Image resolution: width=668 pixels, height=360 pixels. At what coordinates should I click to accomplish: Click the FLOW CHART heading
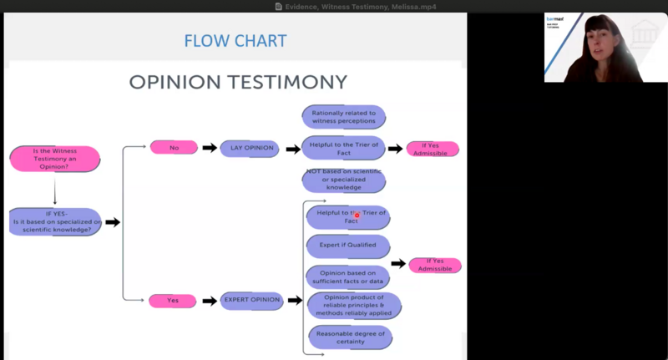point(235,40)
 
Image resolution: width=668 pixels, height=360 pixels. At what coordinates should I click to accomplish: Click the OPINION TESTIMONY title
point(237,82)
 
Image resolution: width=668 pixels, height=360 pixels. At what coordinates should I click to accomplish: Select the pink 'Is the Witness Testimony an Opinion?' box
point(54,158)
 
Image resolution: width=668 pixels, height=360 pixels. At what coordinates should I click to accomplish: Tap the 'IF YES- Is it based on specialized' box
point(56,221)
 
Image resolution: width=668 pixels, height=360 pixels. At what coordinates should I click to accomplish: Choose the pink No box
point(174,148)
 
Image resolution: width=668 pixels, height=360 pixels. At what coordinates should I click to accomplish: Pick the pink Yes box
point(173,300)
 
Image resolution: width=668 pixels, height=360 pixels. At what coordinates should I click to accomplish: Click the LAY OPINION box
point(247,148)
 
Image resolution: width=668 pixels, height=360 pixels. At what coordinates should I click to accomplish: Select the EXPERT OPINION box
point(251,300)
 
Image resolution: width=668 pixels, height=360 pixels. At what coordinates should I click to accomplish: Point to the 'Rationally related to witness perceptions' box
point(343,117)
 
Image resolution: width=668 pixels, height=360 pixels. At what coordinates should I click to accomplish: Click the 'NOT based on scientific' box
point(343,179)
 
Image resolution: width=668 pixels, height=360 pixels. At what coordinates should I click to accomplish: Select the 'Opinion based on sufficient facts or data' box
point(348,276)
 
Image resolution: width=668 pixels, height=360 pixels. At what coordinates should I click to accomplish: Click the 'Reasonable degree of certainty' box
point(350,337)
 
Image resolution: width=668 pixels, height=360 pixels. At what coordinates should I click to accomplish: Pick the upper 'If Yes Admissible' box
point(433,149)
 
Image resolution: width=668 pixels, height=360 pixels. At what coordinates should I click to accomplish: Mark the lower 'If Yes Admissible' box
point(435,265)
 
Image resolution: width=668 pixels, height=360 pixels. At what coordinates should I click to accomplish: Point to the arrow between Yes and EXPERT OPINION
point(209,300)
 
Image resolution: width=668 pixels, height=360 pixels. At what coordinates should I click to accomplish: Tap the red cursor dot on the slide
point(357,215)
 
